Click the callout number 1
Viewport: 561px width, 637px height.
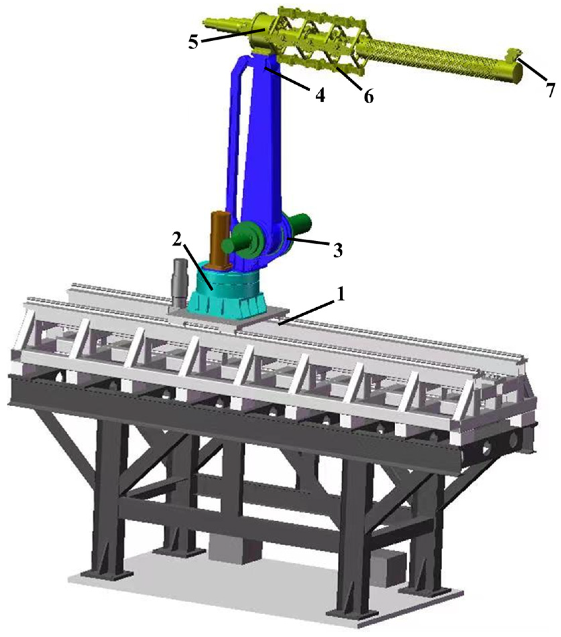(x=340, y=295)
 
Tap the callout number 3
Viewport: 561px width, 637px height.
(x=337, y=250)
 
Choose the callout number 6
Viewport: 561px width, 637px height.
(x=368, y=97)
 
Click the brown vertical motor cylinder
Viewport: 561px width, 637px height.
(x=219, y=237)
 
